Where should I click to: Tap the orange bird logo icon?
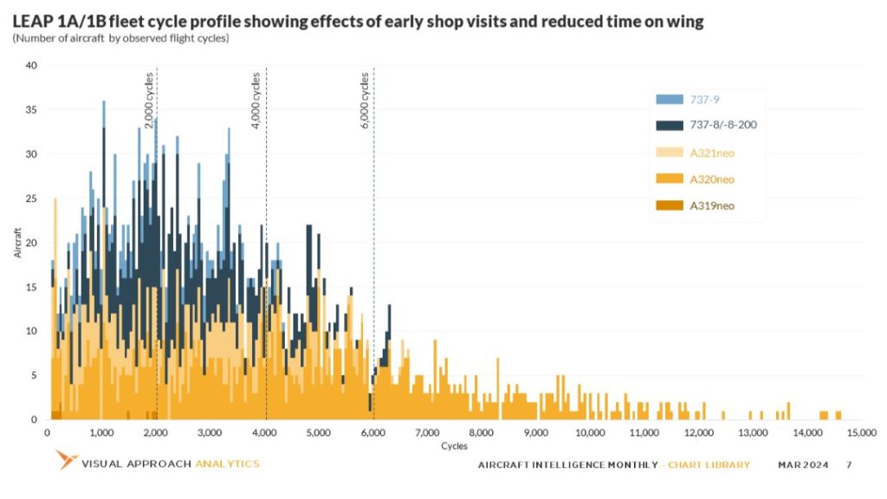pos(66,460)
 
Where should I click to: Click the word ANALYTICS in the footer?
pos(227,463)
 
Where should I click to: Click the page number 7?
pos(849,465)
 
